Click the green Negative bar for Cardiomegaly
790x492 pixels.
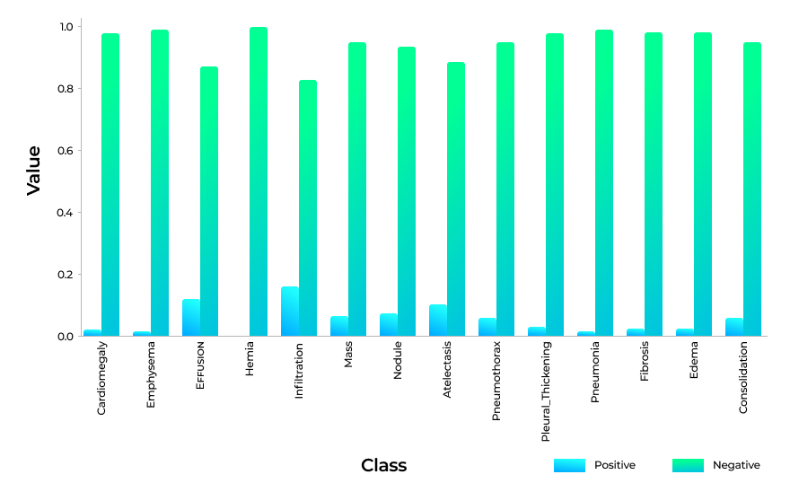(x=110, y=184)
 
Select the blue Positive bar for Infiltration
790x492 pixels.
(x=290, y=312)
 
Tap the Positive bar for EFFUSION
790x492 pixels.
(x=191, y=318)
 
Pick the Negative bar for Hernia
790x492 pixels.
(x=259, y=181)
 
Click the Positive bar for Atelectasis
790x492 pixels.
(x=438, y=321)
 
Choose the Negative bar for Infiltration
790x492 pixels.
(x=308, y=208)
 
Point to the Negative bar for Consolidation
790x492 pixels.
(x=752, y=189)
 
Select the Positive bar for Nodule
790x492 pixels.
(x=389, y=325)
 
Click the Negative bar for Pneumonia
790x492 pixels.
(x=604, y=183)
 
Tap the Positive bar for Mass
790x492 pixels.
(x=339, y=326)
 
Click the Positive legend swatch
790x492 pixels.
(x=569, y=465)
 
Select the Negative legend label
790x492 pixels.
(x=736, y=465)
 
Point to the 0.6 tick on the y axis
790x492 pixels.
(x=66, y=151)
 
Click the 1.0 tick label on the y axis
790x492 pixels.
(x=66, y=27)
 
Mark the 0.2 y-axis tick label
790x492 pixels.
(x=66, y=275)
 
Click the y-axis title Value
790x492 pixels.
(x=34, y=170)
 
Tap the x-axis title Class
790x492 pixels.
(x=383, y=465)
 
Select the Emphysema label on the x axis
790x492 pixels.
(x=151, y=374)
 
